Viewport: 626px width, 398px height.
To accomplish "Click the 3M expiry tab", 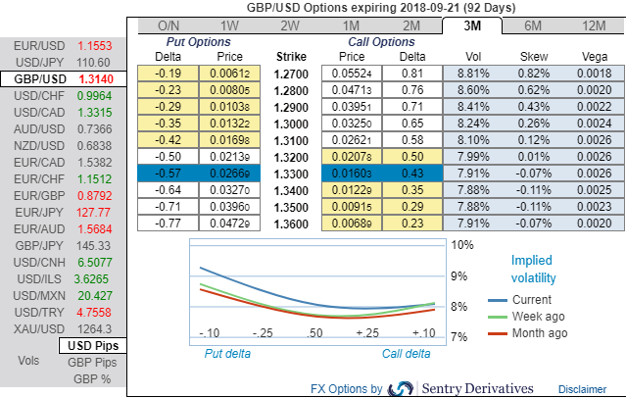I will [471, 25].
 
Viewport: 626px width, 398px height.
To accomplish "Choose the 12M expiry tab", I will [593, 25].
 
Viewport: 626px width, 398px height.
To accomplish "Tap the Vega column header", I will [593, 56].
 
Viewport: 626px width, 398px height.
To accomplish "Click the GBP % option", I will [92, 378].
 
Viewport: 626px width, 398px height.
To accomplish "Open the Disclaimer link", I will [582, 389].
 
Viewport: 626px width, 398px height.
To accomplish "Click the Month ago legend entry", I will [540, 333].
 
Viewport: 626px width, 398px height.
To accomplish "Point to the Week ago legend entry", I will [540, 317].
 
